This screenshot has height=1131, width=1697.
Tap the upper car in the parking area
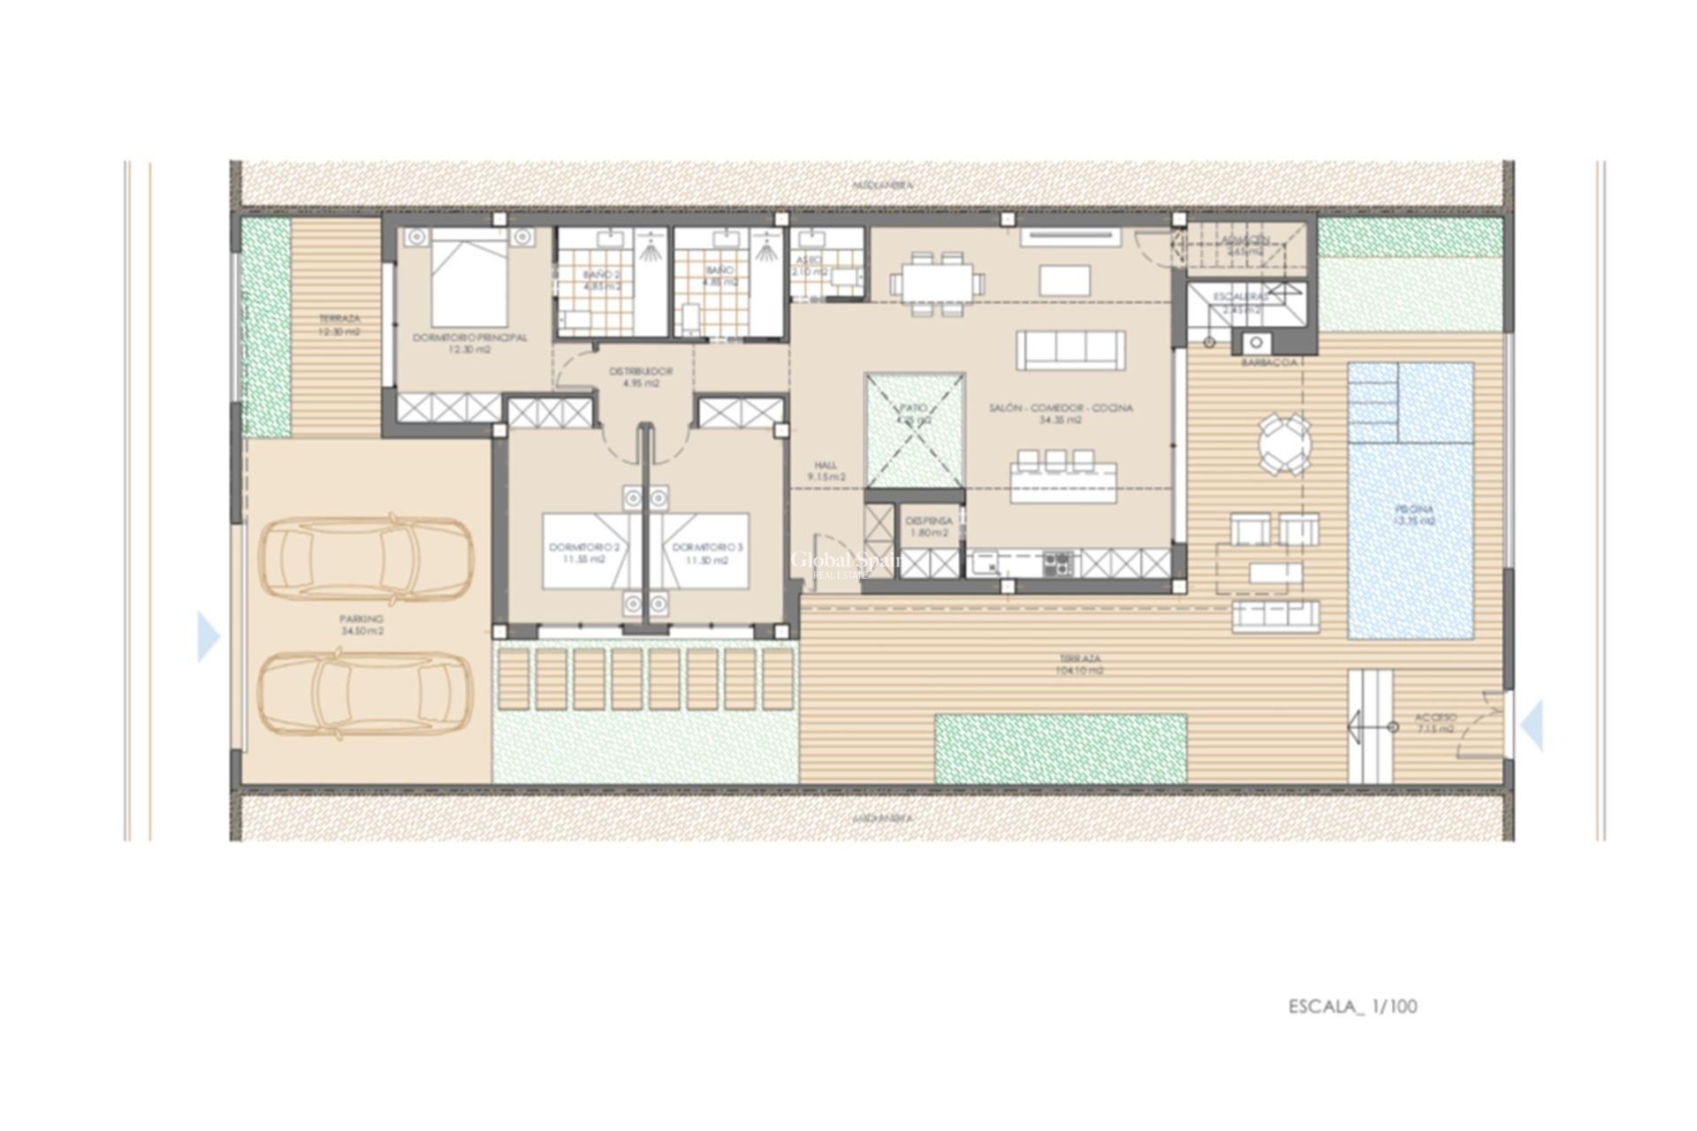click(364, 555)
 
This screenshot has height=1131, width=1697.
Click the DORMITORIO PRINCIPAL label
click(469, 344)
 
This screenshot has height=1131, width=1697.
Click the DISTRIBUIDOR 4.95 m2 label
click(641, 377)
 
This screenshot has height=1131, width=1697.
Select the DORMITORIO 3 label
click(707, 553)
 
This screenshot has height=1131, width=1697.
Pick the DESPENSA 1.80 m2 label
click(928, 527)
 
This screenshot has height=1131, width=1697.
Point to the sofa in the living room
click(1070, 350)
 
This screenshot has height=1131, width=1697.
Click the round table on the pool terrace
click(1285, 444)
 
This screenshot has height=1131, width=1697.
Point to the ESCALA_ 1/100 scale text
click(1352, 1006)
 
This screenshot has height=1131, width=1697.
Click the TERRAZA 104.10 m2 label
click(1081, 664)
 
